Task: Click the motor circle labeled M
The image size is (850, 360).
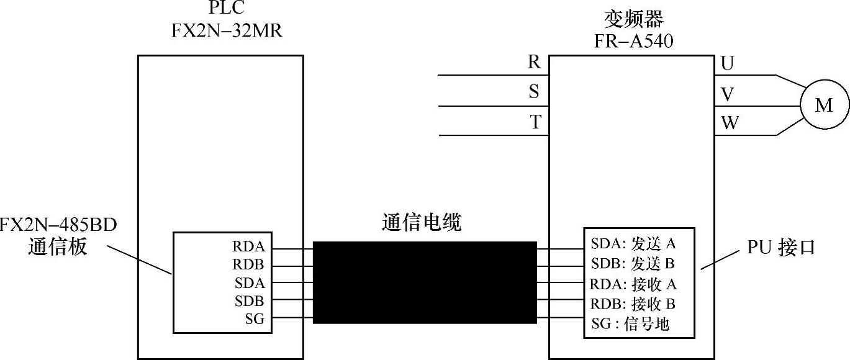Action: pyautogui.click(x=823, y=106)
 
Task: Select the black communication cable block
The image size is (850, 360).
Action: pyautogui.click(x=425, y=282)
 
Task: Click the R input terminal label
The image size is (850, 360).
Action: pyautogui.click(x=534, y=62)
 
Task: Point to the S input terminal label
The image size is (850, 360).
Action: pyautogui.click(x=534, y=92)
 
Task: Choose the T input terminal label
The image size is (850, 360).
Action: pyautogui.click(x=535, y=122)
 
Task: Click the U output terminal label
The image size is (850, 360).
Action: pyautogui.click(x=728, y=63)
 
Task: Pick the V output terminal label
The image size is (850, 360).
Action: pyautogui.click(x=728, y=94)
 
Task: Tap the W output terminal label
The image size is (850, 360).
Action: pyautogui.click(x=730, y=123)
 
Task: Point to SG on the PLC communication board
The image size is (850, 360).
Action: pyautogui.click(x=255, y=319)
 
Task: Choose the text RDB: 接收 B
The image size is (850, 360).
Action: pyautogui.click(x=632, y=304)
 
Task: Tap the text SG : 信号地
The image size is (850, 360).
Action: pyautogui.click(x=630, y=323)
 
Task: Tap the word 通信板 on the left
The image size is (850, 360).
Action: pyautogui.click(x=57, y=247)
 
